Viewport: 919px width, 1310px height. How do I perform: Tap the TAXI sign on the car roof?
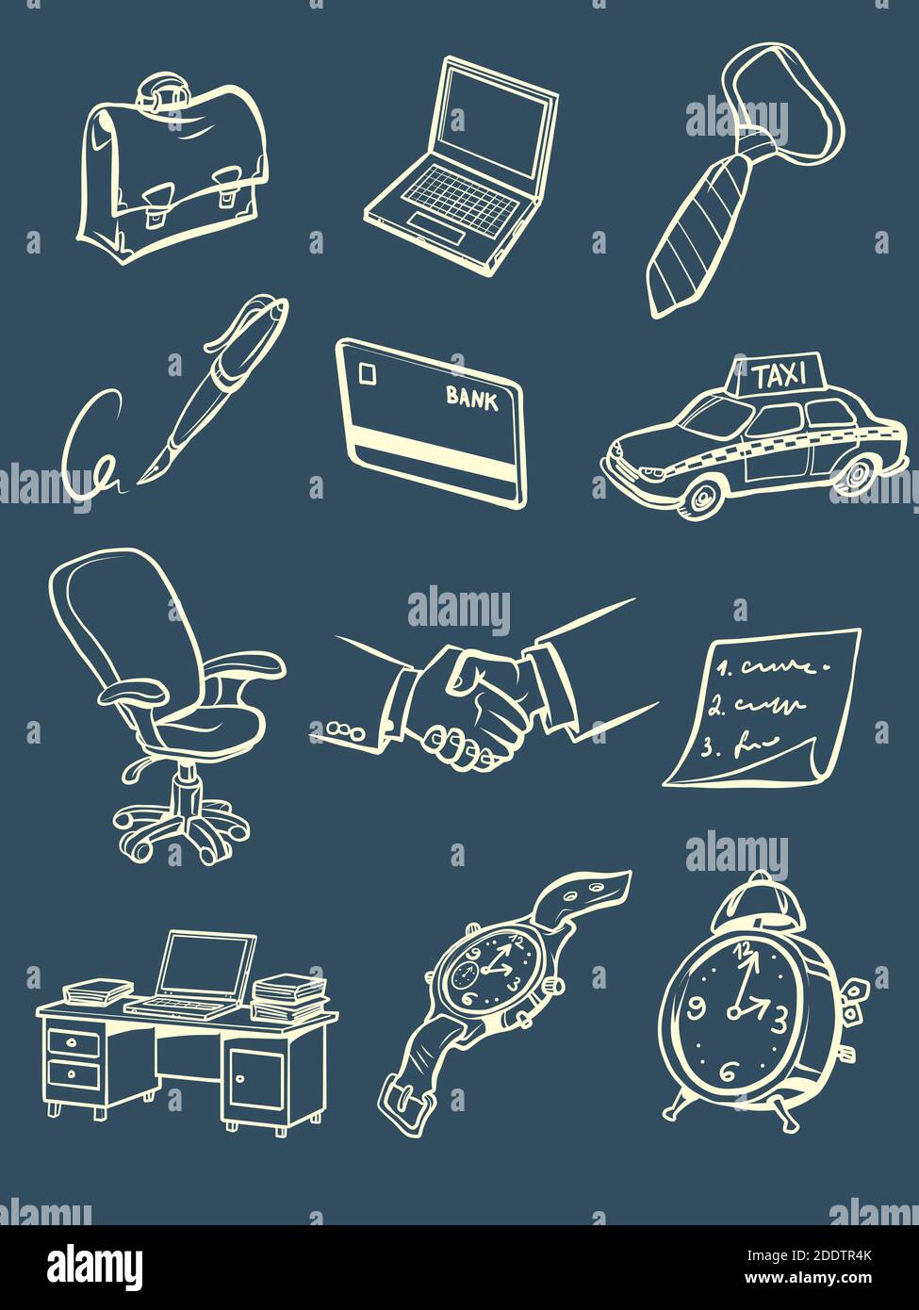click(x=780, y=376)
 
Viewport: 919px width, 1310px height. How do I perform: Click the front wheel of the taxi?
click(x=698, y=497)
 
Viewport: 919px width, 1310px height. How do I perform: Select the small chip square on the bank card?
click(x=367, y=373)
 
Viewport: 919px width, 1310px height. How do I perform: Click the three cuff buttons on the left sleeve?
click(x=344, y=729)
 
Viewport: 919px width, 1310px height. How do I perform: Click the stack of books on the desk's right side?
click(x=288, y=997)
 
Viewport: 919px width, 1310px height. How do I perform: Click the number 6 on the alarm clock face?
click(x=728, y=1072)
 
